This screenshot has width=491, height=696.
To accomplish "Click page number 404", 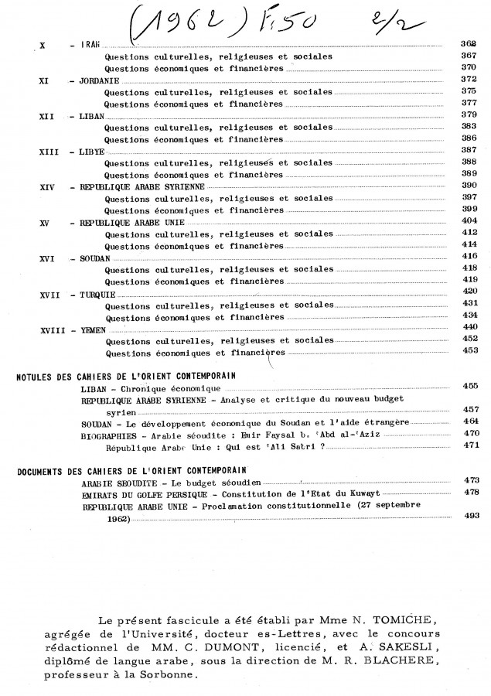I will pos(467,222).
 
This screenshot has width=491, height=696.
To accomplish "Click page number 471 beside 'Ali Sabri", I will pos(467,445).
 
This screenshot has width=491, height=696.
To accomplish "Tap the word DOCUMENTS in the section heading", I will pos(41,470).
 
